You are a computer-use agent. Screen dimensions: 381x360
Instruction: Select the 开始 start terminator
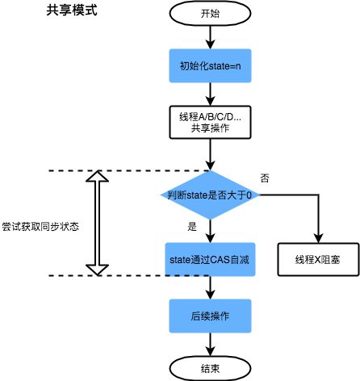210,14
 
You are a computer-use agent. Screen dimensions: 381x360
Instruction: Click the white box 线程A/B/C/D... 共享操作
210,123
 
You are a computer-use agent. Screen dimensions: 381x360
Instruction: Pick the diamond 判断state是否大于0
210,195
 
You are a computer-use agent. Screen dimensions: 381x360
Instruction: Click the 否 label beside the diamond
265,177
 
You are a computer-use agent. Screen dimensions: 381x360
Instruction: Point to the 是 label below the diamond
192,227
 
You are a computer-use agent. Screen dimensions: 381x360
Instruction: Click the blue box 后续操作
210,313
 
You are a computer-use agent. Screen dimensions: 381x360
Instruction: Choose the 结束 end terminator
210,367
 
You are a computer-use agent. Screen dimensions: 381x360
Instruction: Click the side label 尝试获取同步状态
40,227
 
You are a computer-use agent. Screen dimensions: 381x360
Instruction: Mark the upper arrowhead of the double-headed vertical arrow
97,177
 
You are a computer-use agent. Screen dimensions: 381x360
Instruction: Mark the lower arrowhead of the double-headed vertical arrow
97,269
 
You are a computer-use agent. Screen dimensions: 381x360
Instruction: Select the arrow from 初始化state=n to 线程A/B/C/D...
210,94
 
